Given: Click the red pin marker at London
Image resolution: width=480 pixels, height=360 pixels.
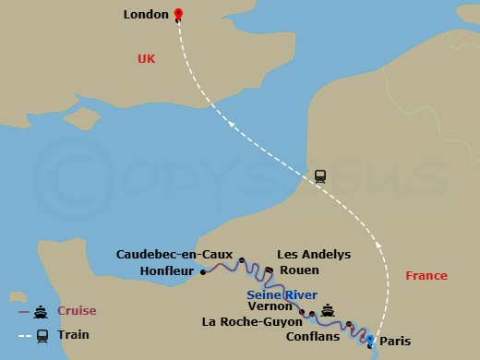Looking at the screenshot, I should pos(179,14).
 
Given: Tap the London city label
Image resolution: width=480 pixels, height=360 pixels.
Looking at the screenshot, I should pos(146,15).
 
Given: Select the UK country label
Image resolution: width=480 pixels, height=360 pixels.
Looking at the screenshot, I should pos(147,59).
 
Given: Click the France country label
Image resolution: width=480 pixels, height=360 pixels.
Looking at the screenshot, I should pos(426,276).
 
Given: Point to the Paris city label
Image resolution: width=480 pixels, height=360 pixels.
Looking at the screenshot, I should pos(396,340).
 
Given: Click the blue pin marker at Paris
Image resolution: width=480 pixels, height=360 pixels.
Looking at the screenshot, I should pos(370,341).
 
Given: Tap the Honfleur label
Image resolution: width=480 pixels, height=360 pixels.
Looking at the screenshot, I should pos(166,270).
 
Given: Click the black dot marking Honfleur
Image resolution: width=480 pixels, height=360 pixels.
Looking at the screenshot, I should pos(202,272).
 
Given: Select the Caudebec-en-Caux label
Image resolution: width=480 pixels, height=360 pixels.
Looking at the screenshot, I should pos(174,254).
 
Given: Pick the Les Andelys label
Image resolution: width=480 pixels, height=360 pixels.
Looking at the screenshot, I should pos(315,254).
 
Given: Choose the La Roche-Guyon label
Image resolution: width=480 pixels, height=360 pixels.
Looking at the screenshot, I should pos(252,322).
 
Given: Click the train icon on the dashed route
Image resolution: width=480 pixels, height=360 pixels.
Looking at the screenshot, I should pos(320,175).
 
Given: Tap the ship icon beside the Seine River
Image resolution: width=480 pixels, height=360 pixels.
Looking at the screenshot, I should pos(327,309).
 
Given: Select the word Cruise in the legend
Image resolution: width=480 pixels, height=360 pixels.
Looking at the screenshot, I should pos(78,311).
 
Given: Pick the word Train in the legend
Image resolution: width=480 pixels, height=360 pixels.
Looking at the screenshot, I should pos(73,335).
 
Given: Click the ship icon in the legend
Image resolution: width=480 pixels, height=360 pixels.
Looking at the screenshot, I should pos(42,311).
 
